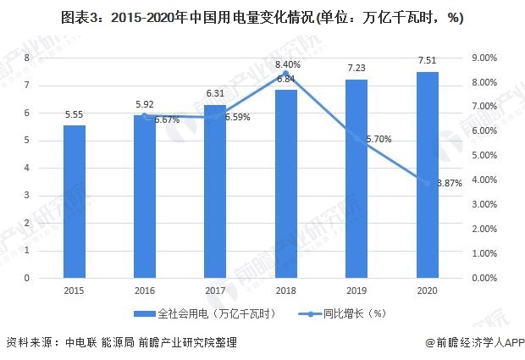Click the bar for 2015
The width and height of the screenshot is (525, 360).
75,202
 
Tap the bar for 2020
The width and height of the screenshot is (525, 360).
428,174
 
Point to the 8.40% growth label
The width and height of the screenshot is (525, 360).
288,64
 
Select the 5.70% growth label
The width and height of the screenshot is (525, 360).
379,139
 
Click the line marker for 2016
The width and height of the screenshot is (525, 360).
145,115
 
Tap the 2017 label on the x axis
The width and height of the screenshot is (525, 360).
216,291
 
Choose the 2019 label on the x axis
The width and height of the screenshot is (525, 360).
357,291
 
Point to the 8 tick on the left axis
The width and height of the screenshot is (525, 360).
27,58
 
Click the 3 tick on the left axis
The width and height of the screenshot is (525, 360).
27,196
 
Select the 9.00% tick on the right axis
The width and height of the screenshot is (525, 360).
483,58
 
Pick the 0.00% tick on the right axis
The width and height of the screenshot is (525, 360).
483,278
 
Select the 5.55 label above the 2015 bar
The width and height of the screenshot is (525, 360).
75,114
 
